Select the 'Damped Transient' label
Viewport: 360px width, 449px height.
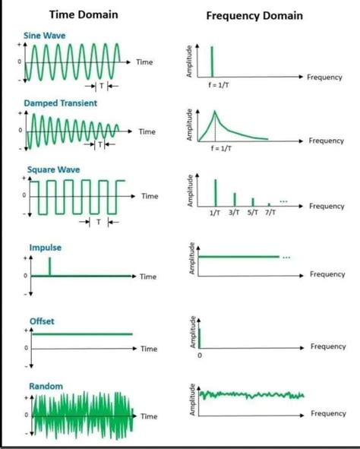(x=60, y=103)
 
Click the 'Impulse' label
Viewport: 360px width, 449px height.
(x=45, y=248)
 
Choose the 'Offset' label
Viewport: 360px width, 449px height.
(x=42, y=321)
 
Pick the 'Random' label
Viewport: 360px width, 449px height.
(x=46, y=386)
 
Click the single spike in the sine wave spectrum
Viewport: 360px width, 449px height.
(x=213, y=61)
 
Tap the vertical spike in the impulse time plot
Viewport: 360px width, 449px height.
(x=50, y=266)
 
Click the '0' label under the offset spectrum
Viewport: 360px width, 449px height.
(x=201, y=355)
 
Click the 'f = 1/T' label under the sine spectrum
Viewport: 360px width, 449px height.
(x=214, y=85)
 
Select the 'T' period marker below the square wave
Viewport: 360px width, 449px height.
(x=99, y=223)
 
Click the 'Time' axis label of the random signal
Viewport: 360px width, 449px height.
(x=149, y=416)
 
